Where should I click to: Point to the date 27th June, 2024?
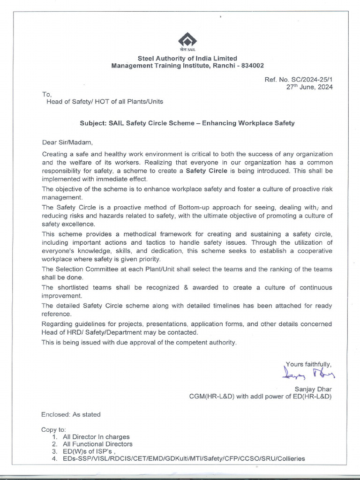[309, 87]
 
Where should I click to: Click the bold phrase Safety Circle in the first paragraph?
[207, 171]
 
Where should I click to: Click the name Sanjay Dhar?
[313, 389]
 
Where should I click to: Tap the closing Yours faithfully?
[308, 364]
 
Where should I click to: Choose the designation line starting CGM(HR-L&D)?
[260, 397]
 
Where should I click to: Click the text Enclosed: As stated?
[71, 414]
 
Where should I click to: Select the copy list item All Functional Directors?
[97, 444]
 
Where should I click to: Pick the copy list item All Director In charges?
[96, 436]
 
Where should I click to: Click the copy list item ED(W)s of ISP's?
[89, 451]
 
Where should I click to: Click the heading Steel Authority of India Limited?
[187, 58]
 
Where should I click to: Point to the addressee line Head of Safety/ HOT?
[105, 101]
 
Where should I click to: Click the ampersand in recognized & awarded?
[186, 287]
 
